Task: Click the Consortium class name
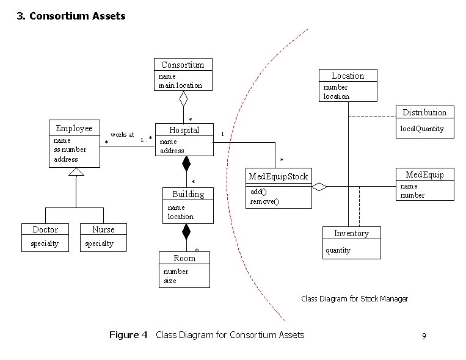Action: pyautogui.click(x=183, y=65)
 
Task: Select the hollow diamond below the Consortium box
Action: pyautogui.click(x=183, y=98)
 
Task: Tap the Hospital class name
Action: pyautogui.click(x=184, y=130)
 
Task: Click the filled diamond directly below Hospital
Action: pyautogui.click(x=186, y=164)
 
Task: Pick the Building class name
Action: pyautogui.click(x=188, y=194)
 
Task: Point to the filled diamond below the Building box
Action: pyautogui.click(x=186, y=232)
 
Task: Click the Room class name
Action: pyautogui.click(x=184, y=258)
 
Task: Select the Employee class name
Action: pyautogui.click(x=74, y=128)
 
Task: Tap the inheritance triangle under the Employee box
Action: pyautogui.click(x=76, y=172)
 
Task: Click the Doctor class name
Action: pyautogui.click(x=45, y=229)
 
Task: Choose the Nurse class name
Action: pyautogui.click(x=103, y=229)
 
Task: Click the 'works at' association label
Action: pyautogui.click(x=122, y=134)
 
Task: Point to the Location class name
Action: pyautogui.click(x=348, y=76)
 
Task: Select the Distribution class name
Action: pyautogui.click(x=424, y=112)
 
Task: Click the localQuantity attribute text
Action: pyautogui.click(x=422, y=129)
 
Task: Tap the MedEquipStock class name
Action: pyautogui.click(x=278, y=177)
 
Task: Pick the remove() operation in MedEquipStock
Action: pyautogui.click(x=264, y=201)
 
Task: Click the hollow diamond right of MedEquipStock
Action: pyautogui.click(x=319, y=187)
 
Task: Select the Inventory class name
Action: pyautogui.click(x=351, y=234)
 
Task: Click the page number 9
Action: pyautogui.click(x=423, y=336)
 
